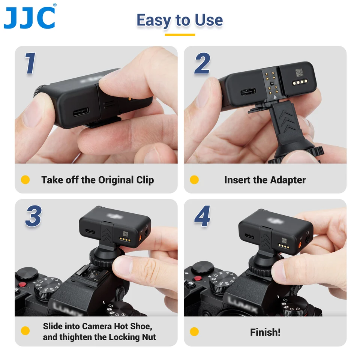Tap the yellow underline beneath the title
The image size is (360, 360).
point(180,35)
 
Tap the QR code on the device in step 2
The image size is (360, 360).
point(299,72)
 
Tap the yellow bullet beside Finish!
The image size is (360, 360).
point(194,331)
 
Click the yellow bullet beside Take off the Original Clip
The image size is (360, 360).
point(25,180)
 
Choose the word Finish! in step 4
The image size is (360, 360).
point(265,332)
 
